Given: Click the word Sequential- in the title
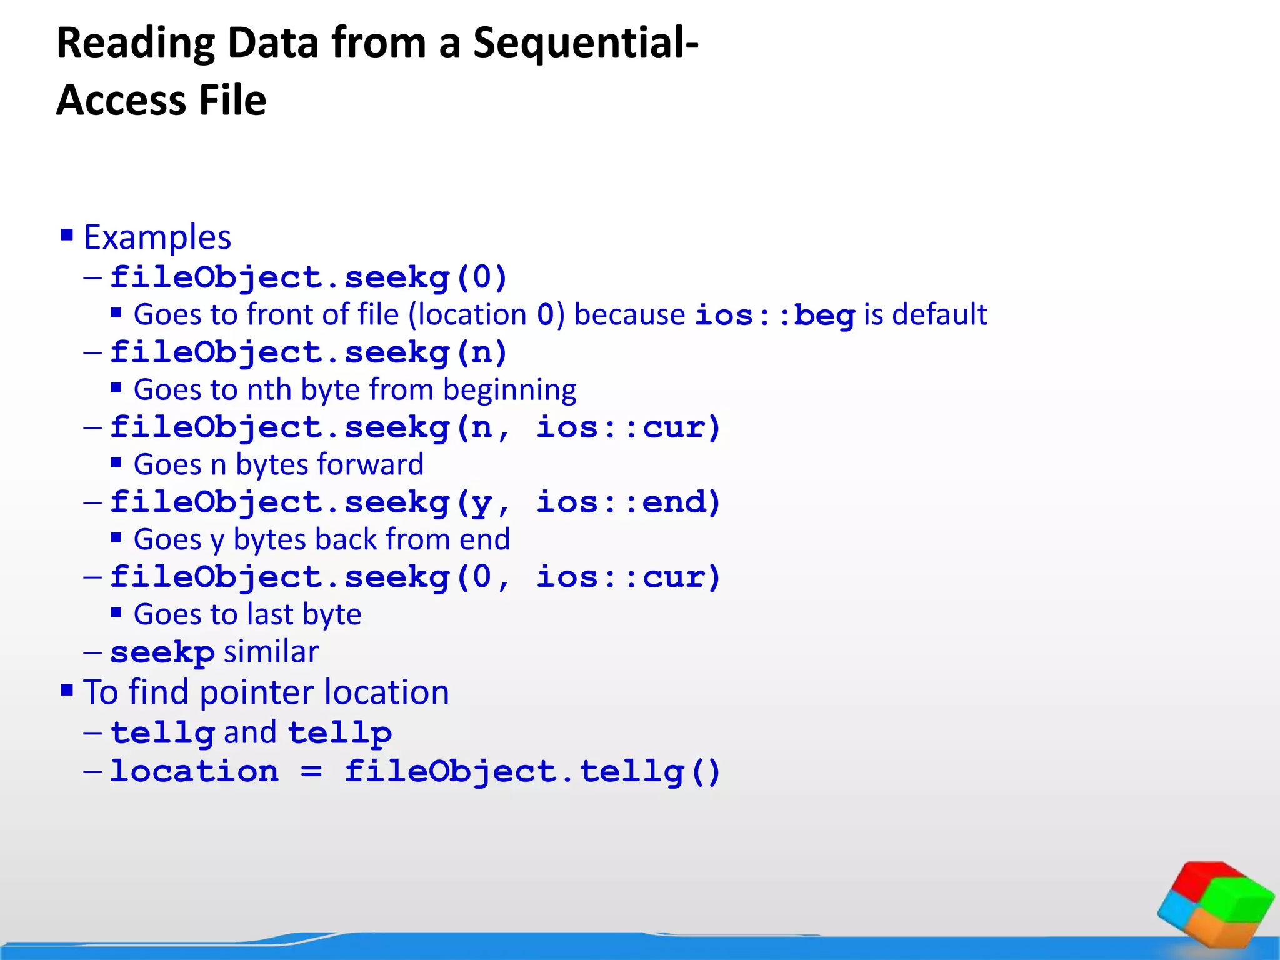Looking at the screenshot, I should click(x=585, y=44).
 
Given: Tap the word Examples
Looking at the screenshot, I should click(x=157, y=237).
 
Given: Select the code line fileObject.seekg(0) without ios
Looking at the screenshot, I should click(x=308, y=277).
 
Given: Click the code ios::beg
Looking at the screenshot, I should click(x=774, y=315).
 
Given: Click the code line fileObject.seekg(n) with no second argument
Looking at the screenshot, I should click(x=308, y=352).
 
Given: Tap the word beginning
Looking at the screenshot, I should click(x=509, y=390).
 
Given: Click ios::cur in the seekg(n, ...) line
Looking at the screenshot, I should click(x=628, y=427).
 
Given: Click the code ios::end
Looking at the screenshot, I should click(x=628, y=502).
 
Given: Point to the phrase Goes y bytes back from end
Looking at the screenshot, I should click(x=322, y=539).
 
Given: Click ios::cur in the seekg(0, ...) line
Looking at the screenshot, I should click(x=628, y=577).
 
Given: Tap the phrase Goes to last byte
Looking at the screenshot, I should click(x=247, y=614).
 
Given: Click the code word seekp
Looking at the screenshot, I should click(x=162, y=652).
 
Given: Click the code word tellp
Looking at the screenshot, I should click(x=339, y=732).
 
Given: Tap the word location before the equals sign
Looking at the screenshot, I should click(x=194, y=771).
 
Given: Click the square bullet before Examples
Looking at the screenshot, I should click(x=67, y=236).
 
